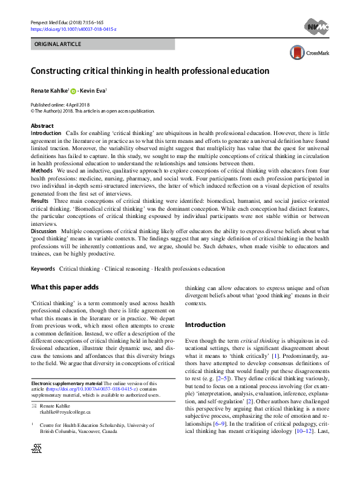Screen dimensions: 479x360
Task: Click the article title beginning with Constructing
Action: (150, 71)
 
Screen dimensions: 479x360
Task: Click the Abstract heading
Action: (42, 126)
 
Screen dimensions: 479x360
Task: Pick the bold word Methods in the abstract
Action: (42, 171)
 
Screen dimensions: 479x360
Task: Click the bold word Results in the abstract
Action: (40, 200)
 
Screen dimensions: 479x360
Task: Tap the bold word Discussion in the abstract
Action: (44, 230)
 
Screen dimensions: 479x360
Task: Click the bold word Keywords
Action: (43, 268)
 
